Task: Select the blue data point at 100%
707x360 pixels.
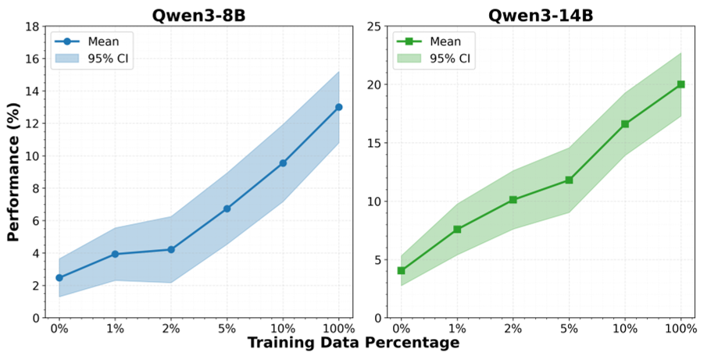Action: point(338,107)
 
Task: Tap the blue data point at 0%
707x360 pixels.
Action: point(59,278)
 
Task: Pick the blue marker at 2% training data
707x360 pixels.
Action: point(171,250)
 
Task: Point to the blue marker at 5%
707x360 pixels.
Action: point(227,209)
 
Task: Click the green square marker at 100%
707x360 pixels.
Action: point(680,84)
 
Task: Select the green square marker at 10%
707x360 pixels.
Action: point(625,124)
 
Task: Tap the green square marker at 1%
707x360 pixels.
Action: point(457,230)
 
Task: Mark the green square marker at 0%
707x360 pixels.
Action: point(402,271)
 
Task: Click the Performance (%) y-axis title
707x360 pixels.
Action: point(13,172)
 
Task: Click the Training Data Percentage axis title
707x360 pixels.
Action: point(353,343)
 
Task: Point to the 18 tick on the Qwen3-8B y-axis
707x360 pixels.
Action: point(34,27)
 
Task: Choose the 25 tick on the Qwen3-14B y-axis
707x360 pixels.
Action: point(377,27)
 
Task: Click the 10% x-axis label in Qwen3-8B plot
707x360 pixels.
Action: point(283,329)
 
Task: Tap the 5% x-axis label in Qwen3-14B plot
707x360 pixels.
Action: point(570,329)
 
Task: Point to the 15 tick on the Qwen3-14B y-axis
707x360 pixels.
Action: point(377,143)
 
